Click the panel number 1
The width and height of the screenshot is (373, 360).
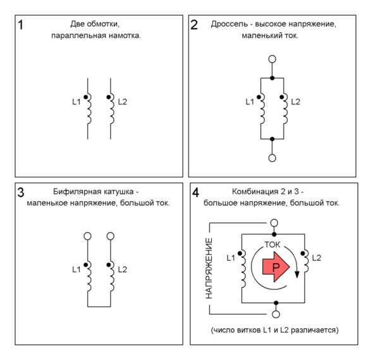click(x=21, y=25)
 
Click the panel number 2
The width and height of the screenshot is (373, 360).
click(x=194, y=25)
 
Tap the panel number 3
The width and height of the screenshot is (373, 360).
click(x=21, y=192)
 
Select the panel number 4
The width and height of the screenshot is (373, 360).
click(x=195, y=192)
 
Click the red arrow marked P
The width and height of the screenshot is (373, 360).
click(x=276, y=267)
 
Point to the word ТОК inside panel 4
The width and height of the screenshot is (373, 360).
click(x=272, y=244)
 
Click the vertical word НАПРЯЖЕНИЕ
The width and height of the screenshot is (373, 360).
click(x=209, y=268)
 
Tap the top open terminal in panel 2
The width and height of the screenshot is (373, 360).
click(x=272, y=59)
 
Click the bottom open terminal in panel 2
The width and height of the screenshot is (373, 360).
click(x=272, y=158)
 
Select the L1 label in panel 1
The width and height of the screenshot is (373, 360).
click(x=76, y=102)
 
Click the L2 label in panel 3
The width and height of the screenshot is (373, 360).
click(x=123, y=270)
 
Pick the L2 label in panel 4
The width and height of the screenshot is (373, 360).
click(x=316, y=258)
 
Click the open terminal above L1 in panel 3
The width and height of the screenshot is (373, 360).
click(x=87, y=236)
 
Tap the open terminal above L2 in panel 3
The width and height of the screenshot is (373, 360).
click(x=111, y=236)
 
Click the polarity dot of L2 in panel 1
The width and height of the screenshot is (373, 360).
click(x=109, y=97)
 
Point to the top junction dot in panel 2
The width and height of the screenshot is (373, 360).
click(x=272, y=78)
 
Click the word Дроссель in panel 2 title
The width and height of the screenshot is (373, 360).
click(x=229, y=24)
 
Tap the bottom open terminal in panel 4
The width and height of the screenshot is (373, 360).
click(x=276, y=314)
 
